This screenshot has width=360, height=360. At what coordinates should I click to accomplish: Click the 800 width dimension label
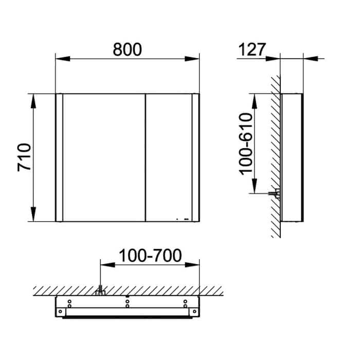point(127,49)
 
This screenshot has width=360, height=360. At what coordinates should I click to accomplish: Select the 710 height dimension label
point(24,157)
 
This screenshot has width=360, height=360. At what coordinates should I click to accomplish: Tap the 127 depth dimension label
point(252,49)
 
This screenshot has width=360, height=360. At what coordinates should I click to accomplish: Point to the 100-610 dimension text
point(246,144)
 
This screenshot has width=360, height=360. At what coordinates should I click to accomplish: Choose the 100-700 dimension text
point(150,255)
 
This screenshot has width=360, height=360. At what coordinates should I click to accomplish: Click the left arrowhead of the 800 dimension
point(63,59)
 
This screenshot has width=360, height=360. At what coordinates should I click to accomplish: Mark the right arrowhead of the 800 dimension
point(192,59)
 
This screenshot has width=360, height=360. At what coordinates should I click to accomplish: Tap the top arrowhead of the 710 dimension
point(33,101)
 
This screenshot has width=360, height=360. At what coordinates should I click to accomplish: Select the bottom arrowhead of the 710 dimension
point(33,214)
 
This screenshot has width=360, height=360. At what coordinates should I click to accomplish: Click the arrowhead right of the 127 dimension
point(311,59)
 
